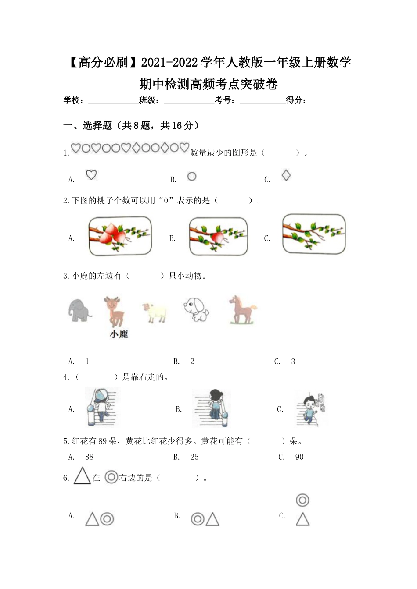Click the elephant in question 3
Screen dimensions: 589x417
coord(80,310)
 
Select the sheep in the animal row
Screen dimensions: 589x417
coord(155,312)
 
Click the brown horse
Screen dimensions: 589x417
coord(242,309)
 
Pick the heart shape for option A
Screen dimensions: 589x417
coord(91,175)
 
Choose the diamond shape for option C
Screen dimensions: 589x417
coord(286,175)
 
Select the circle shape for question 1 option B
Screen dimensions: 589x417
coord(192,176)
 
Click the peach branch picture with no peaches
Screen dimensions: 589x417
coord(314,234)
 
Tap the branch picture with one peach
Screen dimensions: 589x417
coord(218,236)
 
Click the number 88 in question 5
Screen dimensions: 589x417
coord(90,457)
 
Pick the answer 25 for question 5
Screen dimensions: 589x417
coord(194,457)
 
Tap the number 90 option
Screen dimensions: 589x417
coord(299,457)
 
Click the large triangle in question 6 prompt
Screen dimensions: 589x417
coord(82,476)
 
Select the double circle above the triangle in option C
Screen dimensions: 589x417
coord(302,500)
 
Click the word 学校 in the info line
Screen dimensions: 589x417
coord(72,100)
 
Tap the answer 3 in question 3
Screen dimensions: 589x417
coord(293,362)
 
